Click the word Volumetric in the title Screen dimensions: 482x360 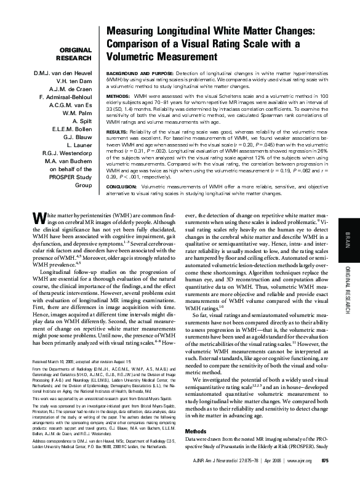138,58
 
